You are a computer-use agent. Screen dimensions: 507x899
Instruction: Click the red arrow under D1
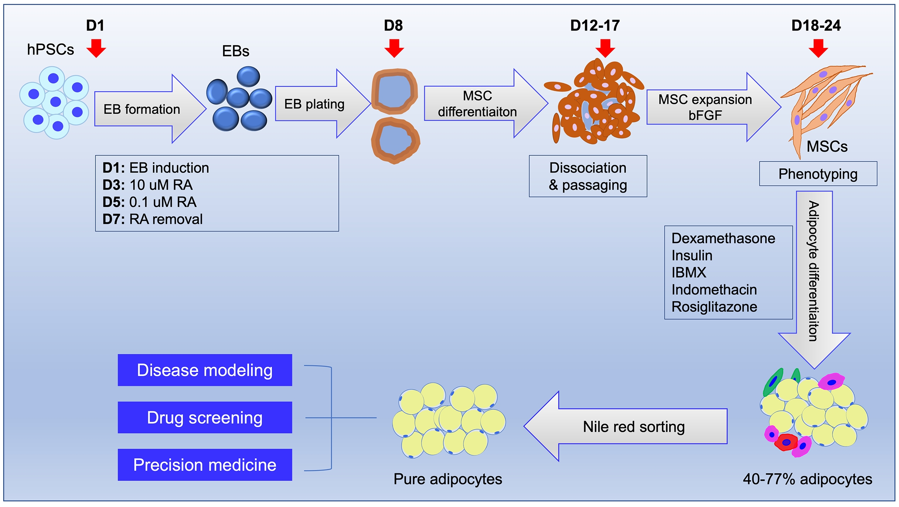tap(96, 48)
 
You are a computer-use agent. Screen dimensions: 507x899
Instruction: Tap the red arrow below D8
tap(394, 48)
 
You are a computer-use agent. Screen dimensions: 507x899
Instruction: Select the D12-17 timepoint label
tap(595, 26)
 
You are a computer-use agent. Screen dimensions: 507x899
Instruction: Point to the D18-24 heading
tap(816, 26)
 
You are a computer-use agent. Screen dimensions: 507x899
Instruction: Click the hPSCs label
tap(50, 50)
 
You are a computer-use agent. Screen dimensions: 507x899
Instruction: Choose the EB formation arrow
tap(147, 109)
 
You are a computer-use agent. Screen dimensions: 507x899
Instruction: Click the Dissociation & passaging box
tap(588, 176)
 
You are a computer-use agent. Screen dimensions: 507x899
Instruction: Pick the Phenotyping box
tap(818, 174)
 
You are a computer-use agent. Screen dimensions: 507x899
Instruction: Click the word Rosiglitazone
tap(714, 307)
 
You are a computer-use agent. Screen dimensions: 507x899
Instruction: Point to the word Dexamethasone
tap(723, 238)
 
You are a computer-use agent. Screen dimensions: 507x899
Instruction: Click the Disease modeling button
tap(205, 370)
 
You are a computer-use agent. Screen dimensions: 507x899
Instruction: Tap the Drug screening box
tap(205, 418)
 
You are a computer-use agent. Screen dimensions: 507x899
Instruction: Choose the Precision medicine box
tap(205, 465)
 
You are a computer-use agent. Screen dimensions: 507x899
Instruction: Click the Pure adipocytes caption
tap(448, 479)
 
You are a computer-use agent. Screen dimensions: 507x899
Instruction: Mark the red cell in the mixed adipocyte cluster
tap(786, 442)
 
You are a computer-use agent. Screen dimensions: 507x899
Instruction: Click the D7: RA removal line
tap(153, 219)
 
